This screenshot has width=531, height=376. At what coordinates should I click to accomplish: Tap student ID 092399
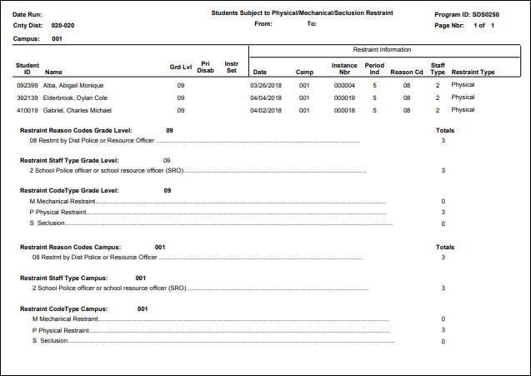click(x=27, y=85)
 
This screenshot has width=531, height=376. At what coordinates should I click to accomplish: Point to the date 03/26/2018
click(x=267, y=85)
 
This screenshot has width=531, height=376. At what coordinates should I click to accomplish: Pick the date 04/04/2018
click(x=267, y=98)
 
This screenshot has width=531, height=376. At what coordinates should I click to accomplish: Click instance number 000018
click(x=344, y=110)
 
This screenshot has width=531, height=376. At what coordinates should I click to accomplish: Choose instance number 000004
click(x=344, y=85)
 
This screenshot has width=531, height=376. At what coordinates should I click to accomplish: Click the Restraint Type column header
click(x=473, y=73)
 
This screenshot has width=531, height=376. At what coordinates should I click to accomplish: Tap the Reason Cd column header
click(x=407, y=73)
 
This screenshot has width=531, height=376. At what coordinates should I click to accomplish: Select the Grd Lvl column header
click(x=181, y=66)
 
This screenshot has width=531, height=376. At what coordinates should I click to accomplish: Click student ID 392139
click(x=27, y=98)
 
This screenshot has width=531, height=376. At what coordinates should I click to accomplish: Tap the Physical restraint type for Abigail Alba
click(x=463, y=85)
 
